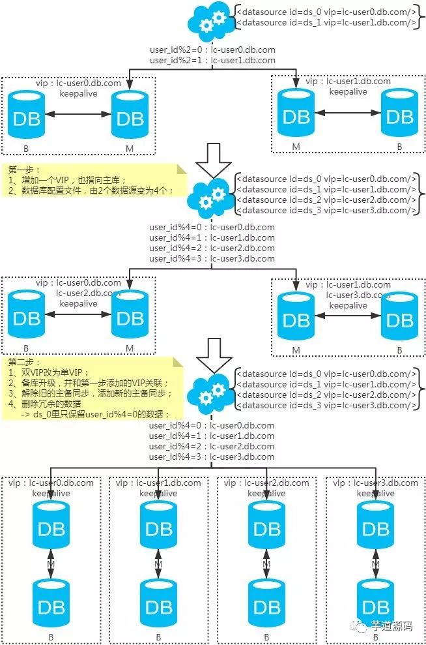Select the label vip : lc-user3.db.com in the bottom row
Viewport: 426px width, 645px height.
click(x=375, y=483)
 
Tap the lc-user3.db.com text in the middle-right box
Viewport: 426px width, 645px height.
click(x=359, y=295)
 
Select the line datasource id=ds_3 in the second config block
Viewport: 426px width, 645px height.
click(x=326, y=210)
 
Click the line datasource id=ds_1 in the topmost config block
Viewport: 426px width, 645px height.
click(x=326, y=23)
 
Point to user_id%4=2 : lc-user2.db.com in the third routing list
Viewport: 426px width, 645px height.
click(x=212, y=447)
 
